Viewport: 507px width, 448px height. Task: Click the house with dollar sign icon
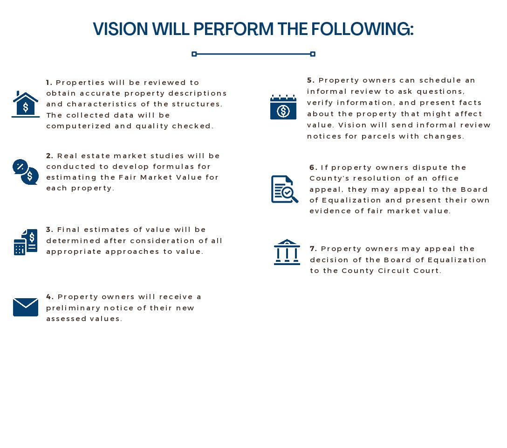(26, 104)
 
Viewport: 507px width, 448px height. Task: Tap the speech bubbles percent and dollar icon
(26, 172)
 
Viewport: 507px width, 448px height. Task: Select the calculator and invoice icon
(26, 242)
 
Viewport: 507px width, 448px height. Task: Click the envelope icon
(26, 307)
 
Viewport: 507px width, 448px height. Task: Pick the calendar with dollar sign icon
(283, 107)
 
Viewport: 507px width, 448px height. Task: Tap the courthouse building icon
(287, 252)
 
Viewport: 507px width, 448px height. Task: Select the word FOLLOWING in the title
(362, 29)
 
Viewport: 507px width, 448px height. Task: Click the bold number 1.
(49, 83)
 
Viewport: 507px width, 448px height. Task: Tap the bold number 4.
(49, 297)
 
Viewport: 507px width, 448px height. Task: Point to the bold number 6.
(313, 168)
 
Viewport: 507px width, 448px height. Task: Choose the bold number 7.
(313, 249)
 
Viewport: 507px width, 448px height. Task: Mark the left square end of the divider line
(194, 54)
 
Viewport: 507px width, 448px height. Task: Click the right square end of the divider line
(313, 54)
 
